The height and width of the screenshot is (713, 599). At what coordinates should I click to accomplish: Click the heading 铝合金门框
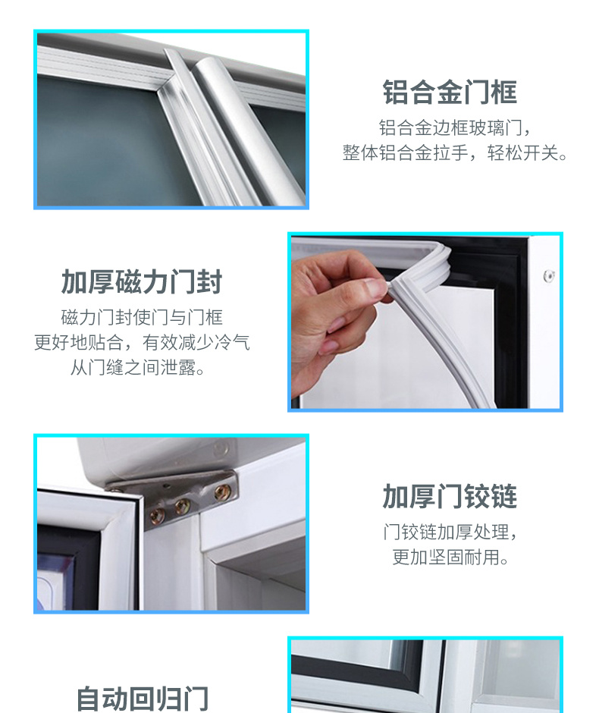click(x=450, y=93)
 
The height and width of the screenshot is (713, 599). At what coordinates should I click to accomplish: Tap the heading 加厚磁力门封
click(x=141, y=282)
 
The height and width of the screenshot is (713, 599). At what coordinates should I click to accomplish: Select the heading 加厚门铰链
click(x=450, y=496)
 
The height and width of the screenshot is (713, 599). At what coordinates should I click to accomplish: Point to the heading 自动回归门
click(x=142, y=699)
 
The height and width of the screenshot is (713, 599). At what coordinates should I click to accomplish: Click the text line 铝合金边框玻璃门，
click(x=455, y=127)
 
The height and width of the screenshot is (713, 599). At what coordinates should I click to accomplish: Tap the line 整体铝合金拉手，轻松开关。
click(x=455, y=152)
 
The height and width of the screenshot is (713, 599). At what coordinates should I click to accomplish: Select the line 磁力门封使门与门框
click(x=142, y=317)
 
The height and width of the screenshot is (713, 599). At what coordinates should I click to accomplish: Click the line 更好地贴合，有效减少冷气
click(x=142, y=342)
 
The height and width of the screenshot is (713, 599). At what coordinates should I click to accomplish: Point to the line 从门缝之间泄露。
click(x=138, y=367)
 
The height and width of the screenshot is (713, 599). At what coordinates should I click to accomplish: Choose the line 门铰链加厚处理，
click(x=450, y=532)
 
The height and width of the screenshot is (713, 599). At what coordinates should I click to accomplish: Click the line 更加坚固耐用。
click(x=450, y=557)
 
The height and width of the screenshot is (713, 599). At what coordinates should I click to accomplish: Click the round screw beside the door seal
click(x=549, y=275)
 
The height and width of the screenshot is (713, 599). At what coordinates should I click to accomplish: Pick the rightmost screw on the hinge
click(x=222, y=491)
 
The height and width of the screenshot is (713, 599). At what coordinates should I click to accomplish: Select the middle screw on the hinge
click(x=182, y=504)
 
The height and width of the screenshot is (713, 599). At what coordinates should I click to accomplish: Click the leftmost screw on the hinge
click(x=157, y=516)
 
